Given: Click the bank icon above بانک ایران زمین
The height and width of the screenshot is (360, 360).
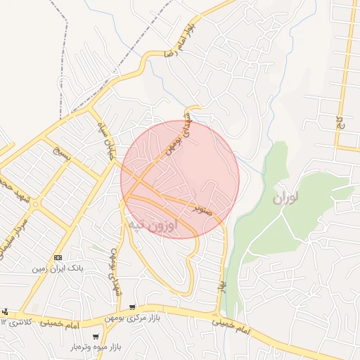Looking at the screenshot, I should [58, 257].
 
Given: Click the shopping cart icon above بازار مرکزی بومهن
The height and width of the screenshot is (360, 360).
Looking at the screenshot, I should [132, 308].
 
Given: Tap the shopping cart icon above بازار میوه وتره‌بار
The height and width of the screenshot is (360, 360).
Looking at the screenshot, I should [96, 337].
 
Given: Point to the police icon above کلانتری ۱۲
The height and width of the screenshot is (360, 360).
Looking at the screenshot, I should [6, 311].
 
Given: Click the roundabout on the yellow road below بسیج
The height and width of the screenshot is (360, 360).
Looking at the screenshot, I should [35, 205].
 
